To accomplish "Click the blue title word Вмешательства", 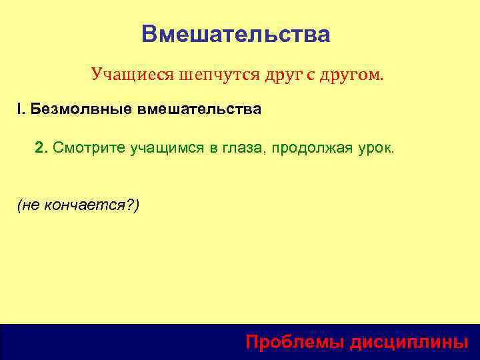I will (235, 34).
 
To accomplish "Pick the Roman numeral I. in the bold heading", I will (21, 109).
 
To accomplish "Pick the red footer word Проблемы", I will (291, 342).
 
